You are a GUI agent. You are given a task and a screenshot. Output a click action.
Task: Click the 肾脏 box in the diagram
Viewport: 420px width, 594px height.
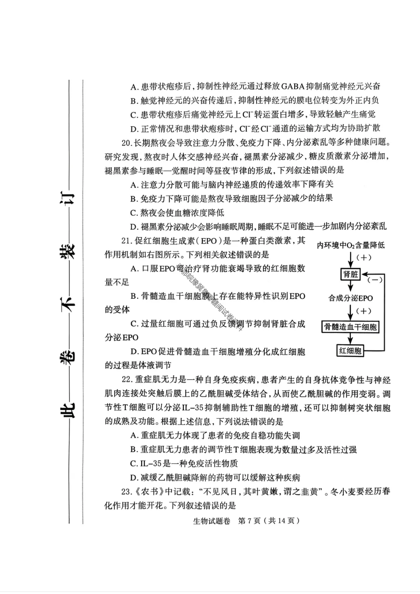[x=350, y=274]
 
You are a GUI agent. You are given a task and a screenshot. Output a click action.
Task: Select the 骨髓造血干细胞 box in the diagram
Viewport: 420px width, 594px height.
[x=350, y=327]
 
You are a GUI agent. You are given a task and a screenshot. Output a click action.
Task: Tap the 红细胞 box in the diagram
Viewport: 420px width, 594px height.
[x=350, y=351]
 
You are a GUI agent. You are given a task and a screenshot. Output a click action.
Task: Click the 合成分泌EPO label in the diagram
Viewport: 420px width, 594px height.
[x=350, y=298]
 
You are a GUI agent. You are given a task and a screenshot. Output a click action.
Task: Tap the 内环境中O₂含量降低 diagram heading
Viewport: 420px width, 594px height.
[x=351, y=245]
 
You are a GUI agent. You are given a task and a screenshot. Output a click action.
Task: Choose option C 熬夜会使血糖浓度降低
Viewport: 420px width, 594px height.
[x=177, y=213]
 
